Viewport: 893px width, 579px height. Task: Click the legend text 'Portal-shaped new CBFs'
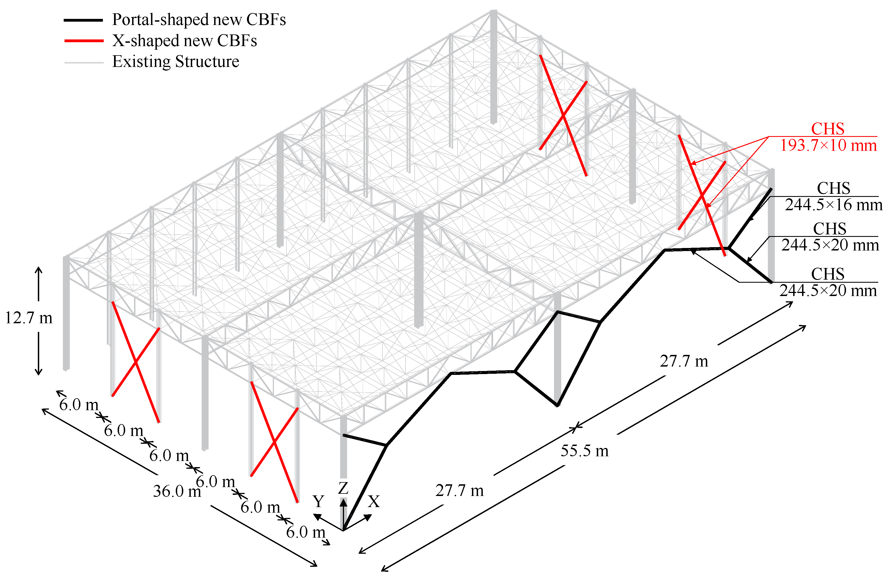point(199,19)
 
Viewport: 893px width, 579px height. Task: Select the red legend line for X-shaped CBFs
point(84,41)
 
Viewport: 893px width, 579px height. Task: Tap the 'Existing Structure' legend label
point(175,61)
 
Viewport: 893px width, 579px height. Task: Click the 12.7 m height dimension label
point(29,318)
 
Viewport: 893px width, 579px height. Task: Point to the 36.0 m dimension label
point(177,491)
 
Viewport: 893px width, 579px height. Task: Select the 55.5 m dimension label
point(585,450)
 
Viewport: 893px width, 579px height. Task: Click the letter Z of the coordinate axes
point(343,488)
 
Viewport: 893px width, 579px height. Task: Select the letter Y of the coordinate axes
point(318,502)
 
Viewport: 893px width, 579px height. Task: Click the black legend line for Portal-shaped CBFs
point(83,20)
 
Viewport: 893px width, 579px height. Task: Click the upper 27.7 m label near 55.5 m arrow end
point(684,361)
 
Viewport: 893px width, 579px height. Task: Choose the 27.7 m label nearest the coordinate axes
point(460,491)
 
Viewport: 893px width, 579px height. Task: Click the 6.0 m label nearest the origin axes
point(305,532)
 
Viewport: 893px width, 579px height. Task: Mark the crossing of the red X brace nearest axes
point(274,442)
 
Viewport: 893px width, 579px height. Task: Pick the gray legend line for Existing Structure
point(84,62)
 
